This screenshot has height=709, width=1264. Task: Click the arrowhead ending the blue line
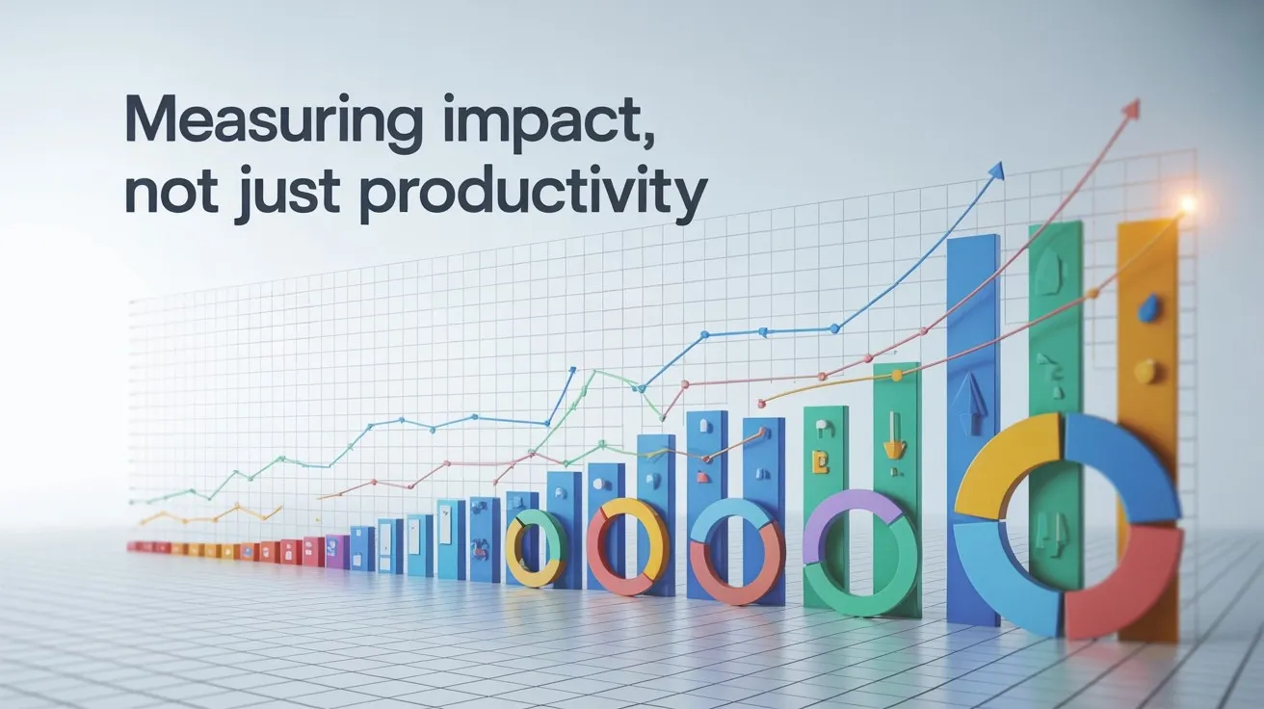996,171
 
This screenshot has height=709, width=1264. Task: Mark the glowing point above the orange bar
1187,204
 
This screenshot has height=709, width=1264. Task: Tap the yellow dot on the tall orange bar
1145,371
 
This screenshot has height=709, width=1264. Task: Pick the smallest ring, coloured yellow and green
536,549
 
